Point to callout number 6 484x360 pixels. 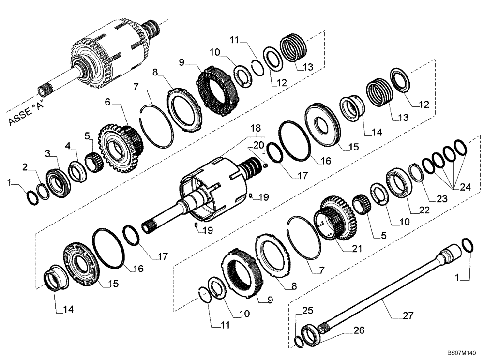pyautogui.click(x=107, y=102)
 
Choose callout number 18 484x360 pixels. pyautogui.click(x=255, y=128)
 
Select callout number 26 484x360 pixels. pyautogui.click(x=359, y=331)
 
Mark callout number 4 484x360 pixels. pyautogui.click(x=68, y=145)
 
